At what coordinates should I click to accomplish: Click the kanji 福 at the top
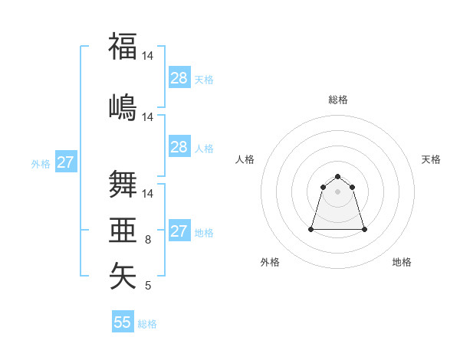pos(123,46)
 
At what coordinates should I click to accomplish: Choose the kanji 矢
pos(123,276)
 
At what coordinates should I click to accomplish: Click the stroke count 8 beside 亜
pos(148,240)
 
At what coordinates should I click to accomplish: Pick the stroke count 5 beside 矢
pos(148,286)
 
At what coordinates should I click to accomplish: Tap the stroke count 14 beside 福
pos(148,56)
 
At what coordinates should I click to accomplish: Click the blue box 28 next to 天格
pos(179,78)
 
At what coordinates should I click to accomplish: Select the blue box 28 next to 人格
pos(179,147)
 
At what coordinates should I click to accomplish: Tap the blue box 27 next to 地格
pos(179,231)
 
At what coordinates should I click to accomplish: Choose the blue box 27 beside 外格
pos(65,162)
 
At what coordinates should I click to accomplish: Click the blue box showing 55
pos(123,322)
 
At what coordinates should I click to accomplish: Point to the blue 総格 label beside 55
pos(147,324)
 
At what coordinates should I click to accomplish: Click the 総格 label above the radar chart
pos(337,100)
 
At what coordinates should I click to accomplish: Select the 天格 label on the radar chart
pos(431,159)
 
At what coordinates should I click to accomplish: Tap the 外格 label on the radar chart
pos(270,262)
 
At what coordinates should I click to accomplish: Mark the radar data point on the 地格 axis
pos(364,229)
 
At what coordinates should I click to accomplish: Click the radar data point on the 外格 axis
pos(311,229)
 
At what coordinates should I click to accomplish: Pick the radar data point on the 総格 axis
pos(337,177)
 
